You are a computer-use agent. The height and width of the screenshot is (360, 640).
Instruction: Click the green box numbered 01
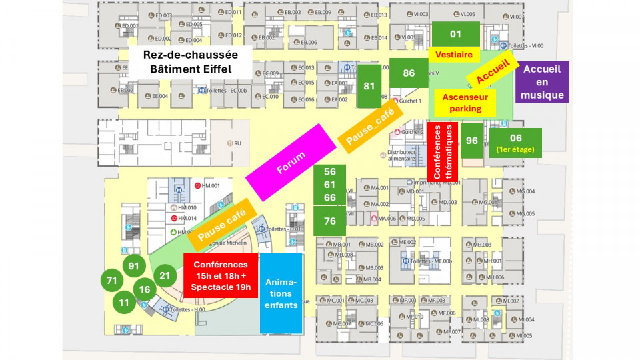pos(455,33)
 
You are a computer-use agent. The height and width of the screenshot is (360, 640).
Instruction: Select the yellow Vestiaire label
pos(455,55)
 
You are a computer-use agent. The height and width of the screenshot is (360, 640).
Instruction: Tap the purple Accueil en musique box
pos(542,81)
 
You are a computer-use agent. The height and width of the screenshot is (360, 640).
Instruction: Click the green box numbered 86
pos(409,73)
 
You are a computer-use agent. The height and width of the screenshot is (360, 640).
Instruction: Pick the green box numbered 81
pos(369,86)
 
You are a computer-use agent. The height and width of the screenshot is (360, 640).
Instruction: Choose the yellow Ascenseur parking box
pos(465,103)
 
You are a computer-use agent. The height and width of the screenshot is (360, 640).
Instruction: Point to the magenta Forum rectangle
pos(291,162)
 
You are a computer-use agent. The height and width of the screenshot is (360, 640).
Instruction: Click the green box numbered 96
pos(472,141)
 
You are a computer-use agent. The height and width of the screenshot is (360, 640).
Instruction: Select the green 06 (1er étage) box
pos(515,143)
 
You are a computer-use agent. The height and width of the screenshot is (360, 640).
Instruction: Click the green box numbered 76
pos(329,221)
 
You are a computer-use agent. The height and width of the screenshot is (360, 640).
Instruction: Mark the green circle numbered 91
pos(134,265)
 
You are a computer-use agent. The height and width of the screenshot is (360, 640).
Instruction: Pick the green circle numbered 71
pos(111,281)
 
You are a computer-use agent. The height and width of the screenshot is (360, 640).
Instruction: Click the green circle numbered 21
pos(165,275)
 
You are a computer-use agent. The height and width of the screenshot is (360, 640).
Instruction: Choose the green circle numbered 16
pos(144,289)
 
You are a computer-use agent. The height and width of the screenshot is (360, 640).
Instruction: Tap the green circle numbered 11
pos(124,302)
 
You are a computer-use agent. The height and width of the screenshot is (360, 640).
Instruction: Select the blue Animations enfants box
pos(281,293)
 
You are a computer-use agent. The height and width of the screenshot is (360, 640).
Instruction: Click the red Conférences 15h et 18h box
pos(221,276)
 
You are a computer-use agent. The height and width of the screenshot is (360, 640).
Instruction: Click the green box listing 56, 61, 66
pos(329,185)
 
